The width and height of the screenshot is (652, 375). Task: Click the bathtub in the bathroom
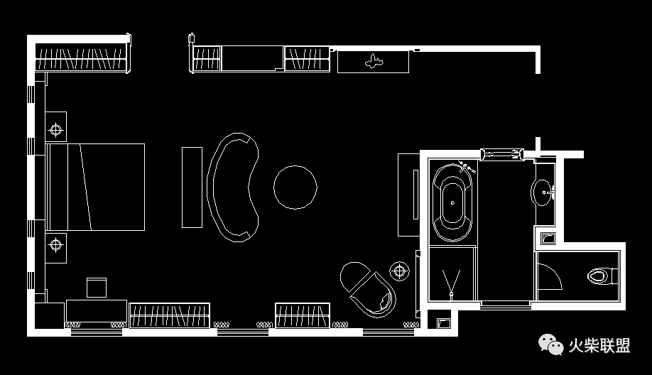coord(452,202)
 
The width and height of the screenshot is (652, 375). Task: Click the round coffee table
coord(295,187)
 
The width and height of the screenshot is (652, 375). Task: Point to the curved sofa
coord(232,187)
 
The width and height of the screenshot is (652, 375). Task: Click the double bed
coord(95,187)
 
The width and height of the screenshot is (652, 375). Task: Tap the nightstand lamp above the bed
coord(56,129)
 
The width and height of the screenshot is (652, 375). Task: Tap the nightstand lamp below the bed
coord(56,245)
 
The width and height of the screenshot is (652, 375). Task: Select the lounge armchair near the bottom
coord(368,288)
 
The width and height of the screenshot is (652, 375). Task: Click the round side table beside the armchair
coord(400,271)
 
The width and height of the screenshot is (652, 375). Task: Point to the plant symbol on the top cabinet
coord(374,62)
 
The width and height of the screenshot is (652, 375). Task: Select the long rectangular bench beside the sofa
coord(192,187)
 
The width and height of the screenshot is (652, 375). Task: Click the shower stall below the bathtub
coord(452,273)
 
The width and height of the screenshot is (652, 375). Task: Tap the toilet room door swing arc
coord(549,277)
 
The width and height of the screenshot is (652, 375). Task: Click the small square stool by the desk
coord(97,288)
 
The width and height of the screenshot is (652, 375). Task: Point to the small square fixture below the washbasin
coord(548,238)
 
